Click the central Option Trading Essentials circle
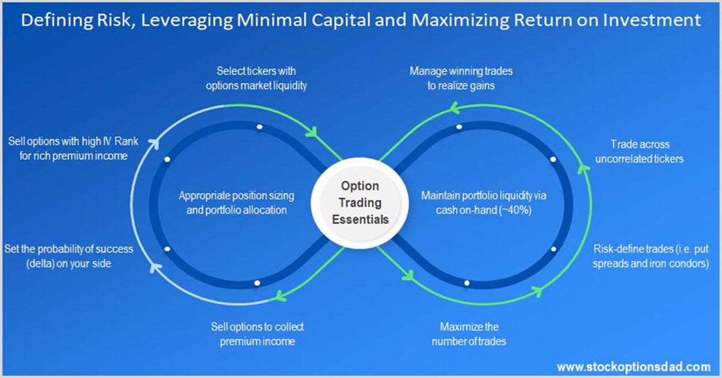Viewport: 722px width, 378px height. pyautogui.click(x=360, y=202)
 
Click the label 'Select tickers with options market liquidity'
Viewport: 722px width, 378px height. pyautogui.click(x=256, y=78)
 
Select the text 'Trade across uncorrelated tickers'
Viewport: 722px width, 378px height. pyautogui.click(x=639, y=152)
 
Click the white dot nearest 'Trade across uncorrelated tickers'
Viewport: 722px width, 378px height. pyautogui.click(x=552, y=159)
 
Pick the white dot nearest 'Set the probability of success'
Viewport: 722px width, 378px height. pyautogui.click(x=167, y=249)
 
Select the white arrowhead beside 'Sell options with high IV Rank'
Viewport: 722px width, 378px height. pyautogui.click(x=153, y=143)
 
